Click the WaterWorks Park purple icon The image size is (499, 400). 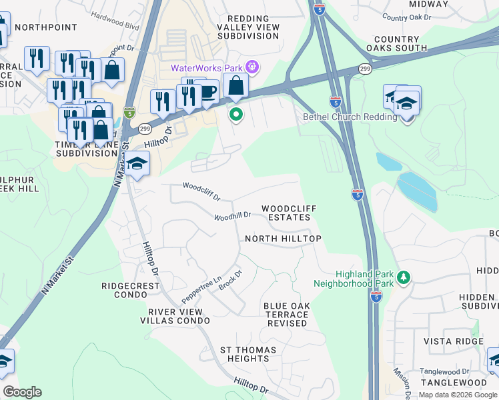[252, 67]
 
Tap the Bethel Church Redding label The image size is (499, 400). [340, 117]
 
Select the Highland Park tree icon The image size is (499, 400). [403, 277]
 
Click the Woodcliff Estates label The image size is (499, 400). [288, 213]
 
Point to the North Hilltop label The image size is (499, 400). [283, 239]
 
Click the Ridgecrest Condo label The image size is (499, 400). [131, 290]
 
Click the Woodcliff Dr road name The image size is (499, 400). [201, 191]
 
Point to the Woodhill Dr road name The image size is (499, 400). [232, 216]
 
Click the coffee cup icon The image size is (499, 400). [207, 91]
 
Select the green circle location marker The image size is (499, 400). [235, 115]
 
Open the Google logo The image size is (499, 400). [22, 392]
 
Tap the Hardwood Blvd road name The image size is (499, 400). [115, 17]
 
